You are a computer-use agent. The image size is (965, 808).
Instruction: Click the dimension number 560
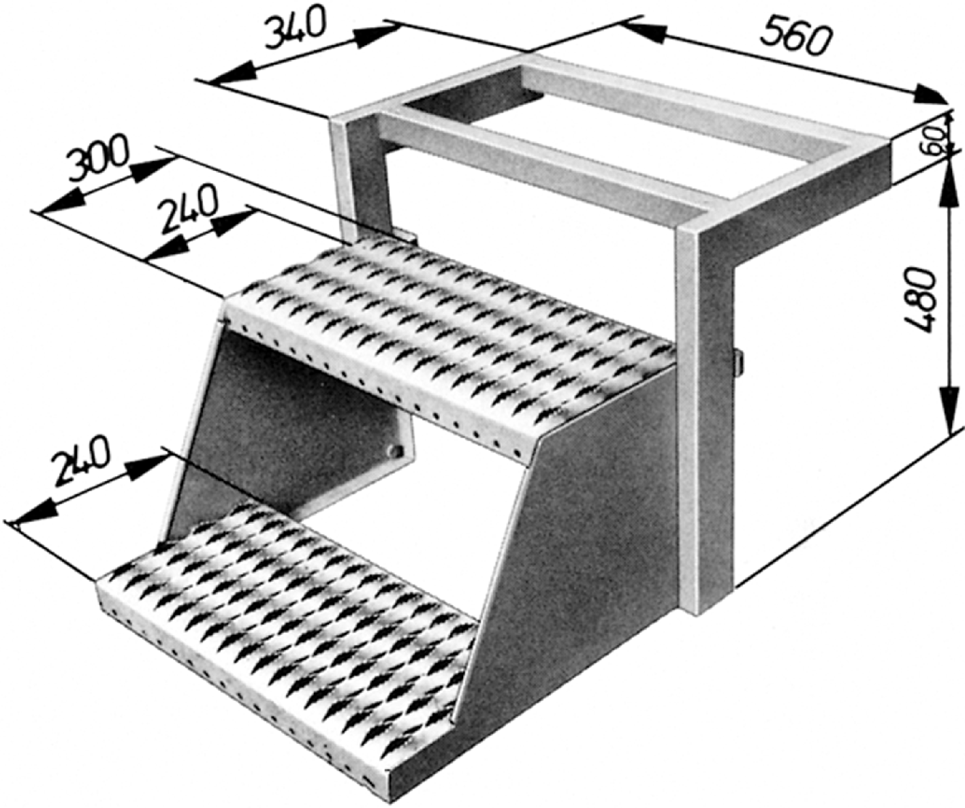pyautogui.click(x=797, y=39)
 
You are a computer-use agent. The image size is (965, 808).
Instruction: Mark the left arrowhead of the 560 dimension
pyautogui.click(x=637, y=27)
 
